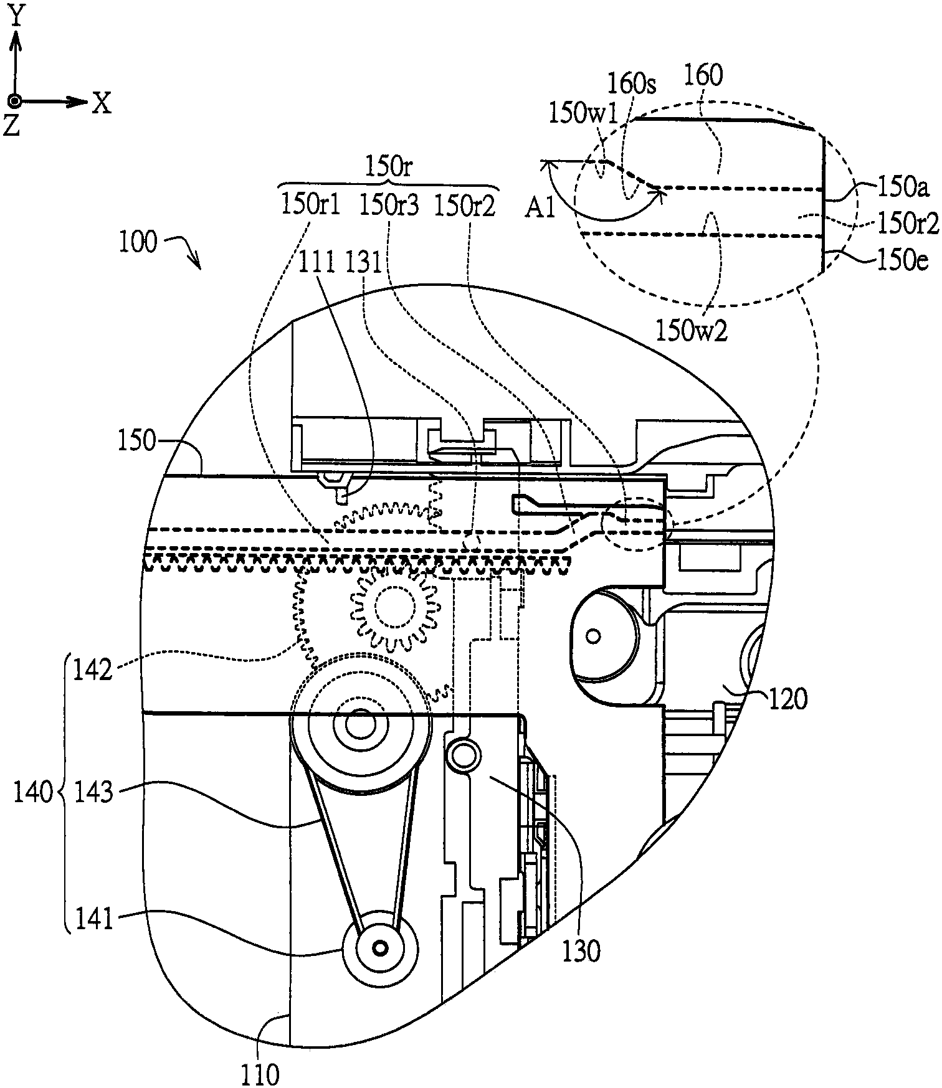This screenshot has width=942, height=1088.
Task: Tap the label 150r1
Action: click(x=311, y=205)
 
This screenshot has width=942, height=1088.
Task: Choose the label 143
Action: click(x=93, y=793)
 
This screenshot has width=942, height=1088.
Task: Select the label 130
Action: click(x=582, y=951)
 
